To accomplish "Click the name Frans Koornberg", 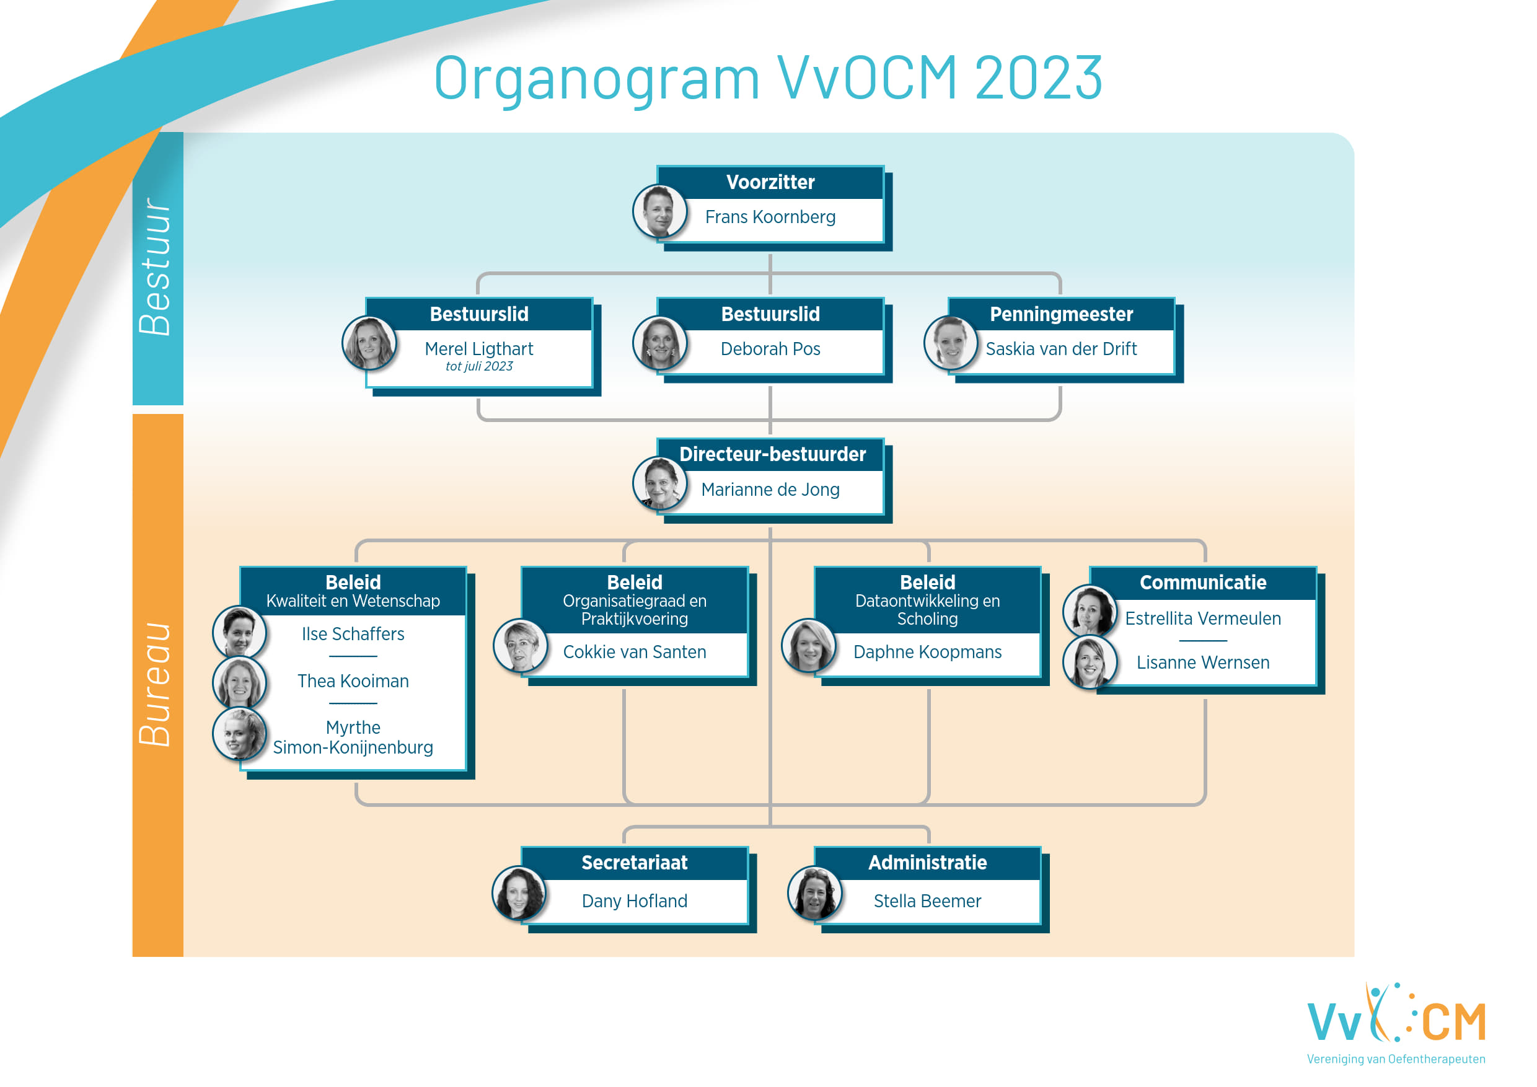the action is pos(770,217).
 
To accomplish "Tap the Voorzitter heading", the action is pos(770,182).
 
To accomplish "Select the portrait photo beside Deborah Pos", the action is pos(659,343).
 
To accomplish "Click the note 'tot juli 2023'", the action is pos(479,366).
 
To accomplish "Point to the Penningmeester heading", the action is pos(1061,315).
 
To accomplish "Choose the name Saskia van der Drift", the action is pos(1061,349).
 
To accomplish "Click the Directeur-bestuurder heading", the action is pos(772,454).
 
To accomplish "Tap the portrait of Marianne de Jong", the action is pos(659,483).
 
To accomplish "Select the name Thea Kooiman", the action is pos(353,681).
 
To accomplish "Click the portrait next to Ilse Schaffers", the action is pos(240,633).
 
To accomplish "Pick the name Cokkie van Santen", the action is pos(635,652).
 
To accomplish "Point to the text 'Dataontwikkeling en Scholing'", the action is pos(927,610).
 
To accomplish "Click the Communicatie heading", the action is pos(1203,583).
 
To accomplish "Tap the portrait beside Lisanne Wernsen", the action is pos(1090,662).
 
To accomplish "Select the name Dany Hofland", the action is pos(635,901).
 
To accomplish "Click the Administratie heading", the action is pos(927,863).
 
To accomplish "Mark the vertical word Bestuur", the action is pos(156,266).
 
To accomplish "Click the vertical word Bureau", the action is pos(156,685).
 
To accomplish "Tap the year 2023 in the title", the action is pos(1038,78).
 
